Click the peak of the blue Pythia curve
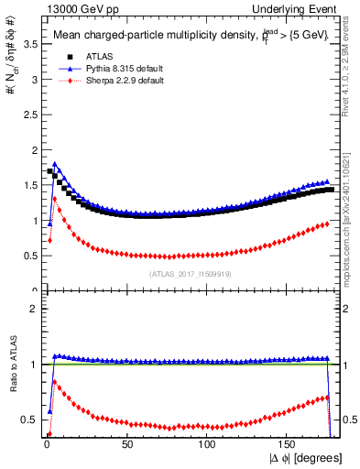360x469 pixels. pyautogui.click(x=55, y=165)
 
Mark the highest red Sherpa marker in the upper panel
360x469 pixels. pyautogui.click(x=55, y=198)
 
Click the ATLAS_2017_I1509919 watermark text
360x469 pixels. pyautogui.click(x=191, y=274)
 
